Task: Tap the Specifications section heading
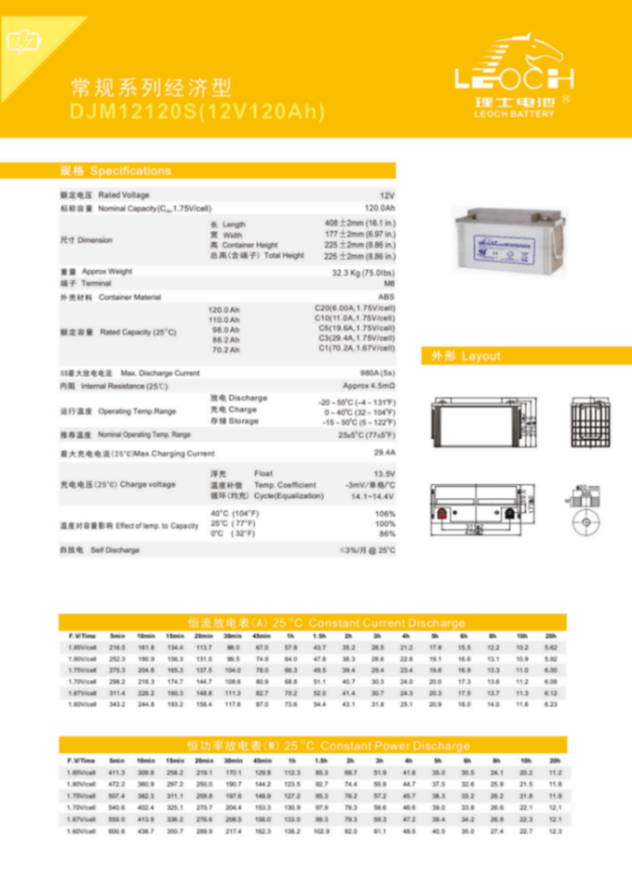click(116, 171)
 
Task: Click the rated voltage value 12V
click(387, 195)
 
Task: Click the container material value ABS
click(387, 297)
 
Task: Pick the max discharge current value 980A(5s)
click(378, 372)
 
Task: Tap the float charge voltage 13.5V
click(384, 473)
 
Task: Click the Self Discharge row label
click(100, 550)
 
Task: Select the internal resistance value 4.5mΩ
click(369, 386)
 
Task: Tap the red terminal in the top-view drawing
click(442, 514)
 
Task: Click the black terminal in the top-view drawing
click(510, 514)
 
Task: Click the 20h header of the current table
click(551, 635)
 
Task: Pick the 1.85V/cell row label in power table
click(82, 772)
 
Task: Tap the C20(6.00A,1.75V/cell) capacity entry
click(355, 307)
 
